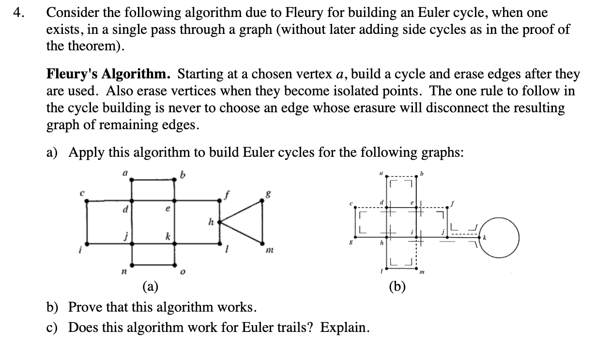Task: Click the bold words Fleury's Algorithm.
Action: tap(108, 74)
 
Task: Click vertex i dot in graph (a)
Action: tap(87, 243)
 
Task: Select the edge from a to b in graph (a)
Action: tap(153, 180)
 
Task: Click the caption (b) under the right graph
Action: tap(397, 287)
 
